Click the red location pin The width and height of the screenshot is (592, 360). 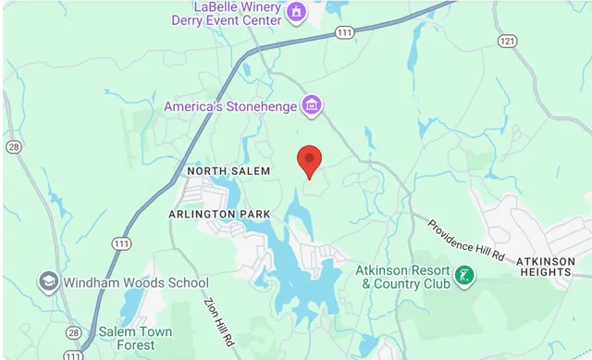(309, 160)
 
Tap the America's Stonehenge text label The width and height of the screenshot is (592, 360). (230, 106)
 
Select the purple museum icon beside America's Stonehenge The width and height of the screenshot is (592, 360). (313, 106)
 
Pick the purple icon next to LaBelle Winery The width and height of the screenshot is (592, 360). (296, 12)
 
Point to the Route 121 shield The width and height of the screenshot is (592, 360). (506, 42)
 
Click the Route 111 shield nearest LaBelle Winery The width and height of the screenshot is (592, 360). (344, 32)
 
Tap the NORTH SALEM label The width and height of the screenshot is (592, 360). (228, 171)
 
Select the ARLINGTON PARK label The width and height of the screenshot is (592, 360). (219, 214)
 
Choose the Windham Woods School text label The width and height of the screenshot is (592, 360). (137, 282)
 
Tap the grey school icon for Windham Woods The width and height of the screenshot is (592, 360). (49, 281)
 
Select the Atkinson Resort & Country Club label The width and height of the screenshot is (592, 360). (404, 277)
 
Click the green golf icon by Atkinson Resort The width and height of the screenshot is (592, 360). (465, 276)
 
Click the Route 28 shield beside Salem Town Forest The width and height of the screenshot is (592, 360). (73, 332)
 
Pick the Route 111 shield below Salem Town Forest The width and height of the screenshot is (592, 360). (74, 355)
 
